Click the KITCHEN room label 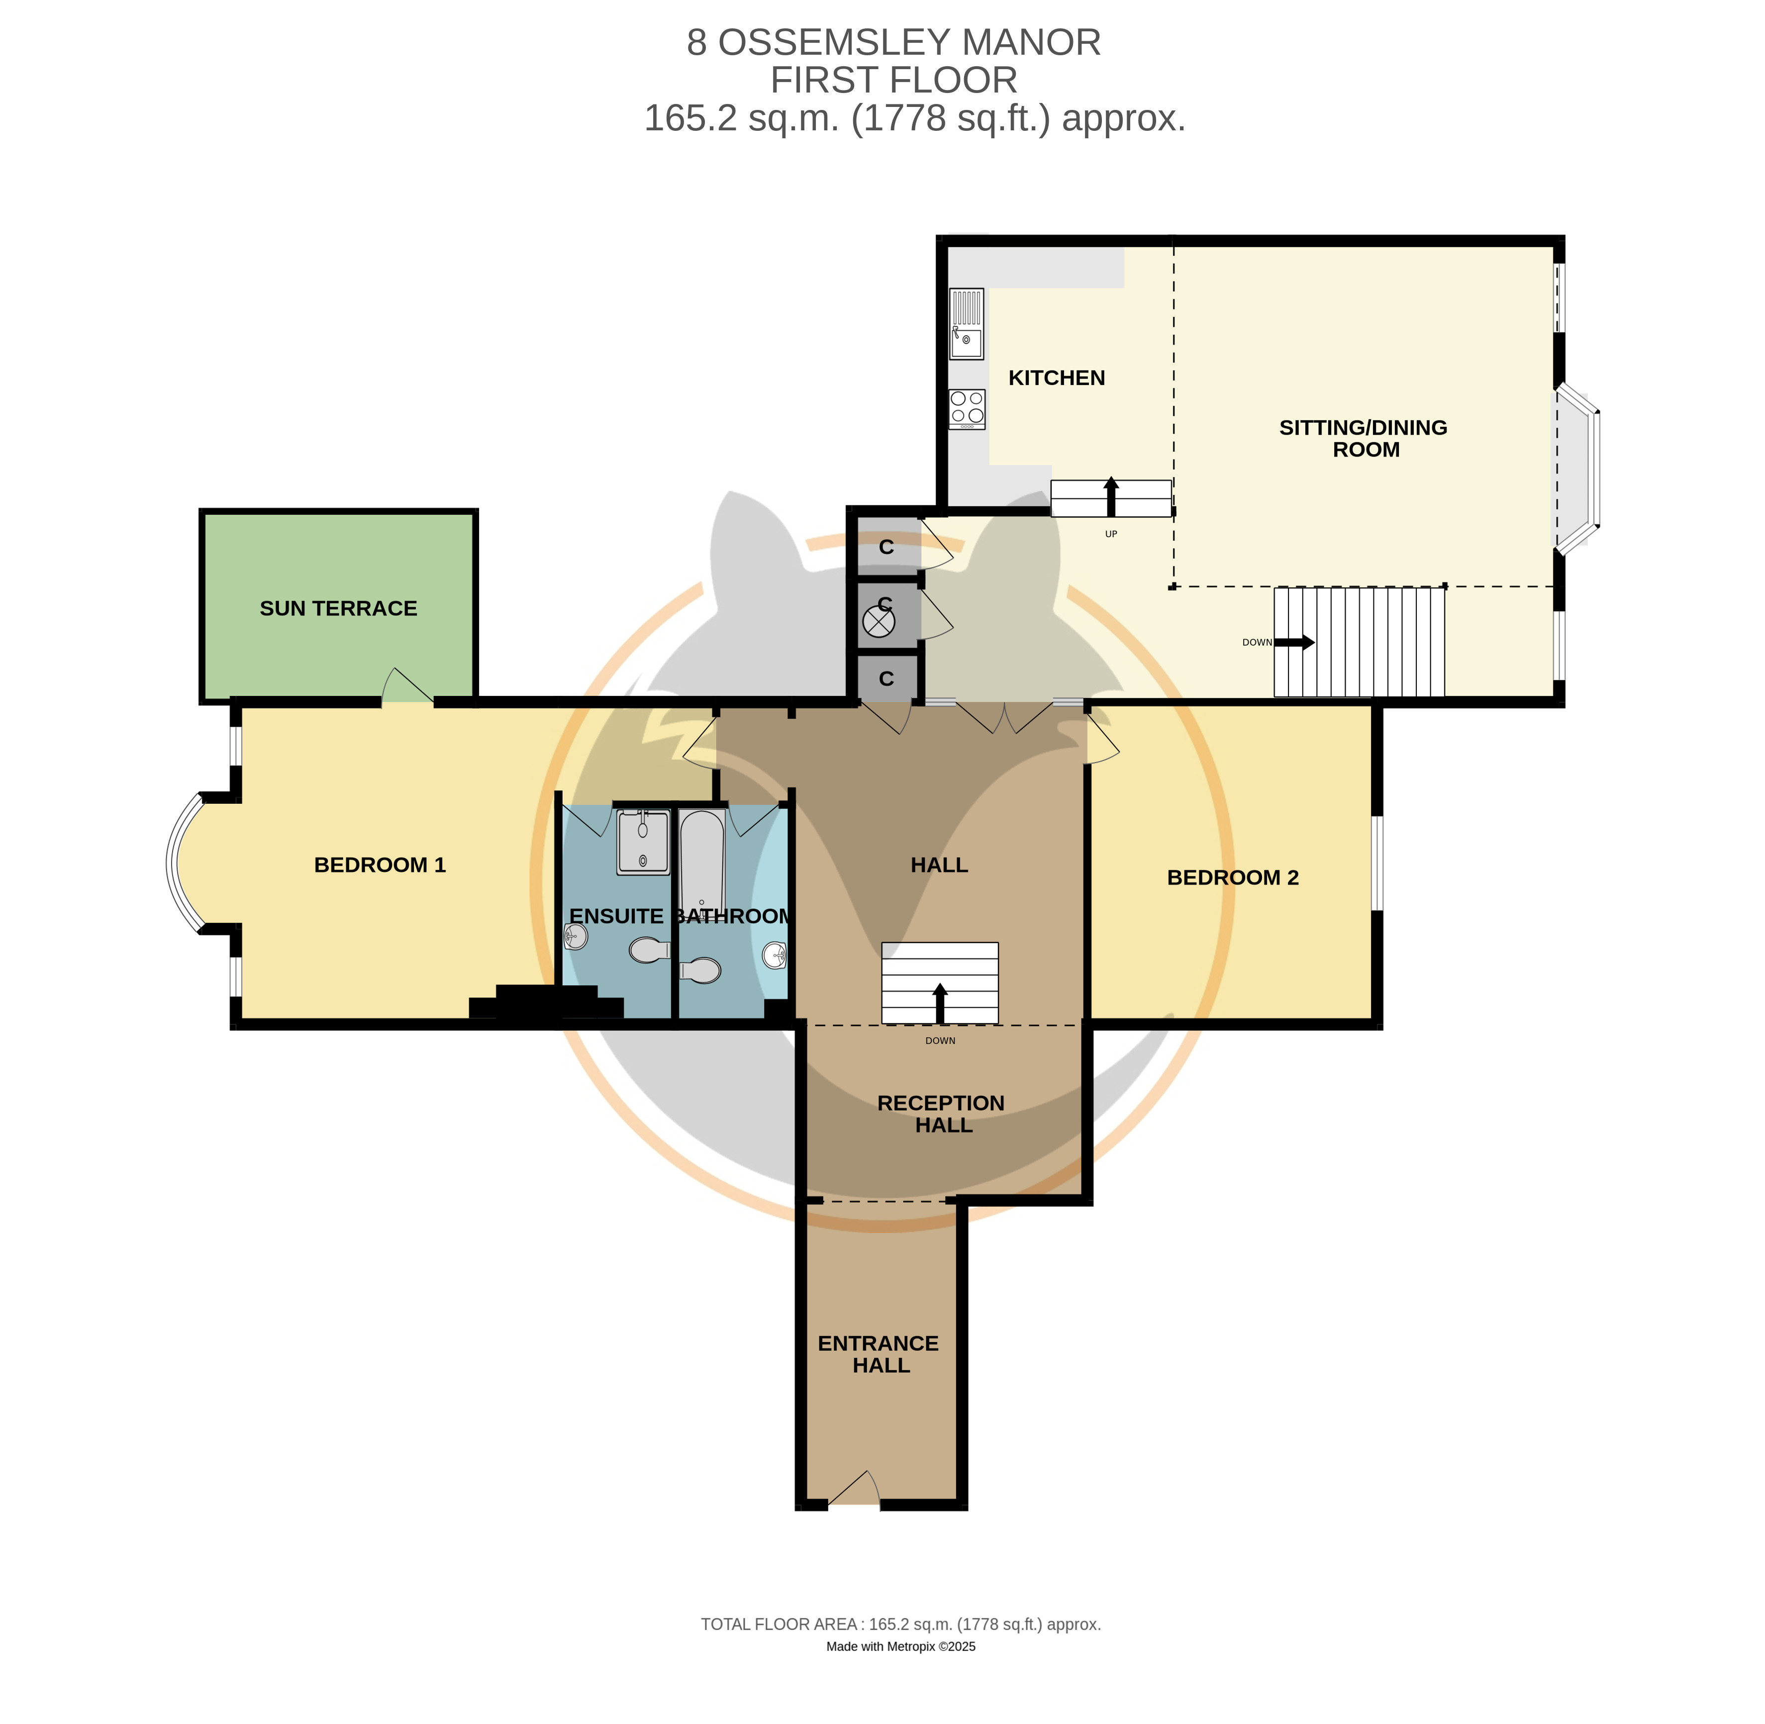[1056, 378]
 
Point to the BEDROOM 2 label [1233, 877]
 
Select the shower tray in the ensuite [643, 842]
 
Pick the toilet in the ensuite [649, 950]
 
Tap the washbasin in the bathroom [775, 955]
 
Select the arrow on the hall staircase [940, 1003]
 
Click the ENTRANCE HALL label [879, 1354]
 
